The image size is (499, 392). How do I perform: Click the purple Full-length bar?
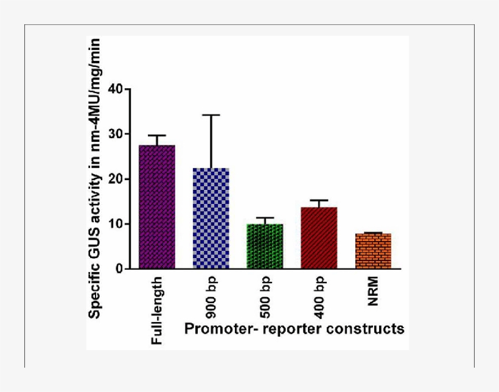pyautogui.click(x=157, y=207)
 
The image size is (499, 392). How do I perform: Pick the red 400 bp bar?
pyautogui.click(x=319, y=238)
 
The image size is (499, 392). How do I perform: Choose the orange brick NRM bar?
pyautogui.click(x=373, y=251)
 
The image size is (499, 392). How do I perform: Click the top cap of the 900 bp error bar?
pyautogui.click(x=211, y=115)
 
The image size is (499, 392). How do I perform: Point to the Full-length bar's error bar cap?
pyautogui.click(x=157, y=135)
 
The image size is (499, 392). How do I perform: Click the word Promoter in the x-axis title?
pyautogui.click(x=212, y=329)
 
